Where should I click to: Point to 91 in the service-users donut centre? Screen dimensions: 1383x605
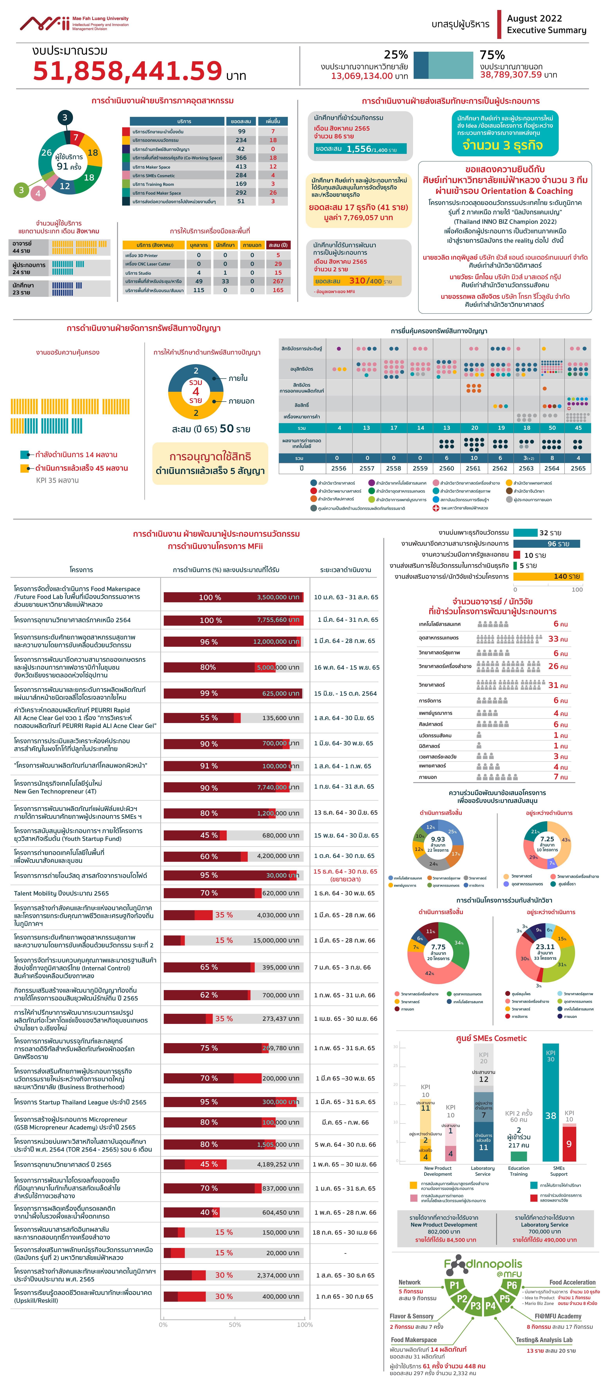tap(62, 166)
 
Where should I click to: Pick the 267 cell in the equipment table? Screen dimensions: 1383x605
tap(278, 281)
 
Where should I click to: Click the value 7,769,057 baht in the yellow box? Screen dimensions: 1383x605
tap(358, 218)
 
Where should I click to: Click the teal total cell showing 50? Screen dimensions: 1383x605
tap(552, 428)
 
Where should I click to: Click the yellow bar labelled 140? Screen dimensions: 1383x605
tap(548, 577)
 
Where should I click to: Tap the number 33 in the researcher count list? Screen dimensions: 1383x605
tap(553, 639)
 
